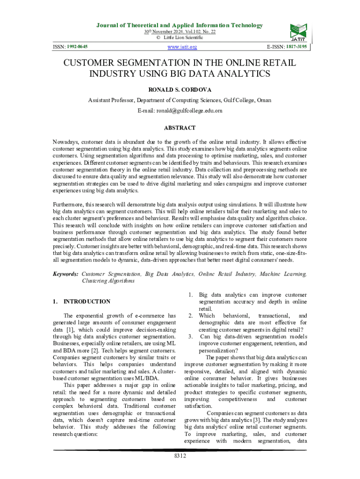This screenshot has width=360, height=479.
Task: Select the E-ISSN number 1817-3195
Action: click(296, 47)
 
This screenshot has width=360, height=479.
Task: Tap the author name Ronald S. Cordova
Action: click(180, 89)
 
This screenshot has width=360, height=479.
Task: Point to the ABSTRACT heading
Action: click(180, 128)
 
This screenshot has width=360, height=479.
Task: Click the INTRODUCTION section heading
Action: click(87, 302)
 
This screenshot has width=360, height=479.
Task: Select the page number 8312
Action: click(180, 456)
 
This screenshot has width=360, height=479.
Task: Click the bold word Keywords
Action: click(65, 274)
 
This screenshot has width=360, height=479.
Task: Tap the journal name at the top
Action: click(180, 25)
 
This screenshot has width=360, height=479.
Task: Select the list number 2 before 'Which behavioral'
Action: click(190, 316)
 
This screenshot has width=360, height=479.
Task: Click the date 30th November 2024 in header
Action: click(162, 32)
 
